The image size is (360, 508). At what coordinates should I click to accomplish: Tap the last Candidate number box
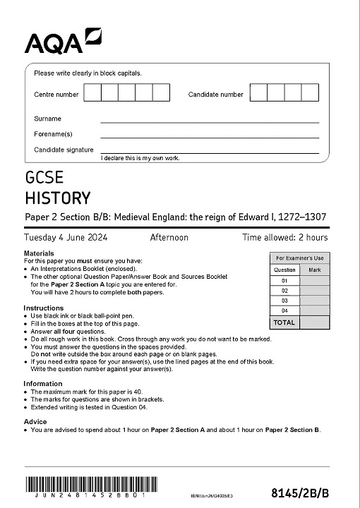click(x=311, y=93)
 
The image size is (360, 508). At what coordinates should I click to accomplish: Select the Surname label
click(x=48, y=119)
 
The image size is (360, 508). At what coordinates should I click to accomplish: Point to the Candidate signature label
click(x=64, y=150)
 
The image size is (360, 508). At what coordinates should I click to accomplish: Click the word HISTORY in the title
click(x=57, y=198)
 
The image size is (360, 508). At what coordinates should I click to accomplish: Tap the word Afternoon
click(x=169, y=238)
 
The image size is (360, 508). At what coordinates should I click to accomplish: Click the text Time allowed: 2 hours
click(x=284, y=238)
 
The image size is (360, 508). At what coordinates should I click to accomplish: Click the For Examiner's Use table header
click(x=300, y=259)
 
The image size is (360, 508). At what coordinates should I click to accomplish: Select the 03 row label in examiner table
click(x=285, y=301)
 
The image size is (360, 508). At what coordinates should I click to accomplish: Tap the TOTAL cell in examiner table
click(x=284, y=322)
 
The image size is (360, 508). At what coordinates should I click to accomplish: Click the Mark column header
click(x=315, y=270)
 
